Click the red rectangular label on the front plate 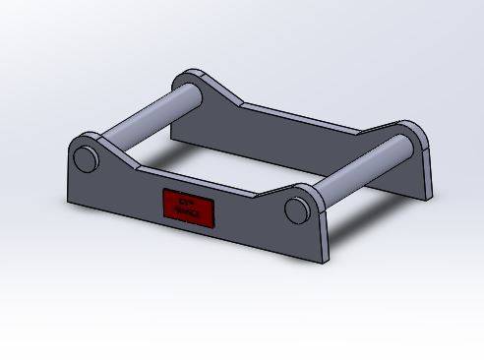click(188, 207)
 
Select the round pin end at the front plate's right click(296, 210)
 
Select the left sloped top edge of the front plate click(118, 157)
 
